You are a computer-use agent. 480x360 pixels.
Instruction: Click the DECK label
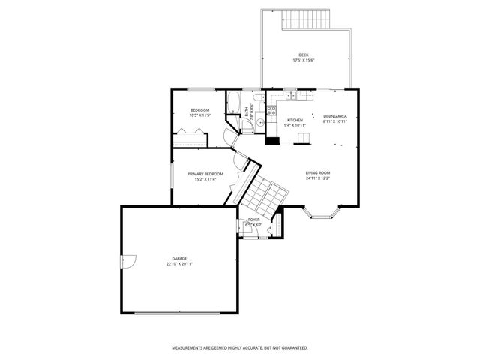pos(303,55)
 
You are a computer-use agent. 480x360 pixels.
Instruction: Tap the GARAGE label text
pos(179,259)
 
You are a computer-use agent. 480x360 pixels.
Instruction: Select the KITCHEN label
pos(295,120)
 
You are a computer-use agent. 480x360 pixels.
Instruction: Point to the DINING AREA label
pos(334,116)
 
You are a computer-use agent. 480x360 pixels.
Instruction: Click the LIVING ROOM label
pos(318,173)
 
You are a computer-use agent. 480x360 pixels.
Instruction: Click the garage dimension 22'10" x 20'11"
pos(179,264)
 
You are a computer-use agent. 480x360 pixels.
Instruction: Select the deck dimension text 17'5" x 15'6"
pos(303,61)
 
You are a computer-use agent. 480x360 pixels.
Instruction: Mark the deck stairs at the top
pos(307,19)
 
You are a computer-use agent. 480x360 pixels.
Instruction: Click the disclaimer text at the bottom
pos(240,348)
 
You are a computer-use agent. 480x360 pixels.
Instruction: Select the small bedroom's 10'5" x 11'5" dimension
pos(199,115)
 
